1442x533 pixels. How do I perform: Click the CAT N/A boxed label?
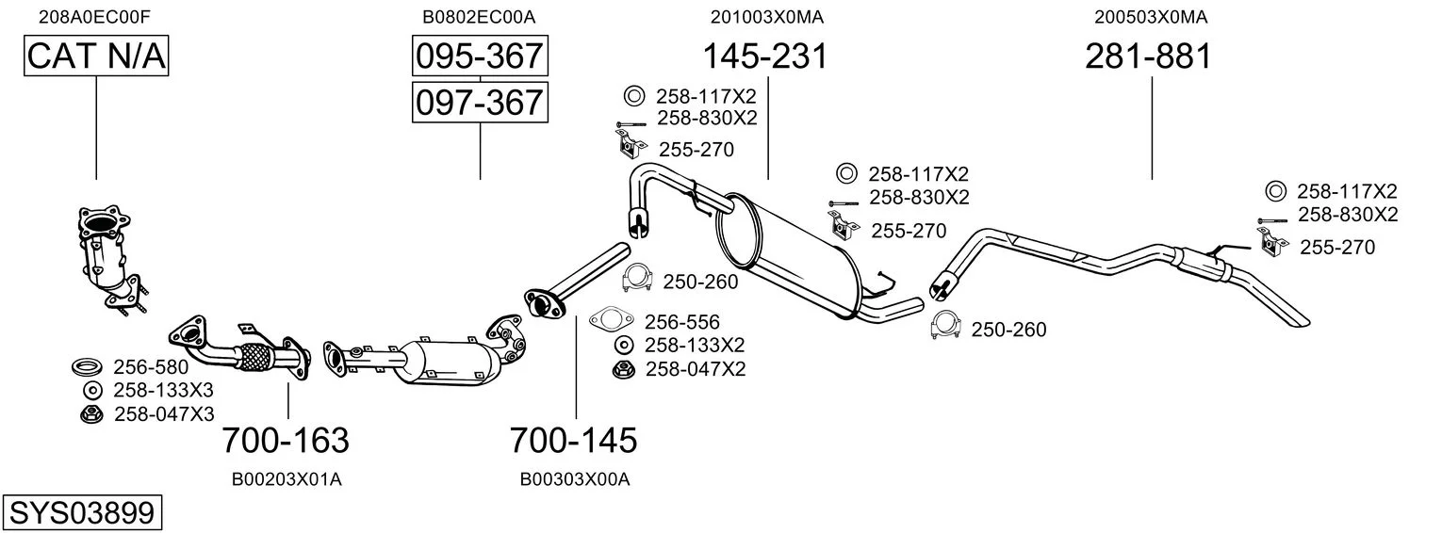(96, 57)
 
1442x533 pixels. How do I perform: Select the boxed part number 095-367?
(480, 57)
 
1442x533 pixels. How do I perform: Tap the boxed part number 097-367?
(480, 101)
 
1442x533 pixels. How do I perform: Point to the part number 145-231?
(764, 57)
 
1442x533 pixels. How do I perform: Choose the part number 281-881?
(1148, 57)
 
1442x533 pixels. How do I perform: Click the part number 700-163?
(286, 440)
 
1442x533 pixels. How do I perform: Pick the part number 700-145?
(573, 440)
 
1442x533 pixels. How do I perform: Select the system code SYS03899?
(81, 513)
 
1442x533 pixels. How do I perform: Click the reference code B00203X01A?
(287, 479)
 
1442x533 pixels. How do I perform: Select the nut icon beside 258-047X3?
(90, 413)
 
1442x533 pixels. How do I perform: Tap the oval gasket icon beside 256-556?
(613, 320)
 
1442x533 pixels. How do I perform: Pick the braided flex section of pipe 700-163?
(254, 355)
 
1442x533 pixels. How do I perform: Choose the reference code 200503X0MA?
(1151, 16)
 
